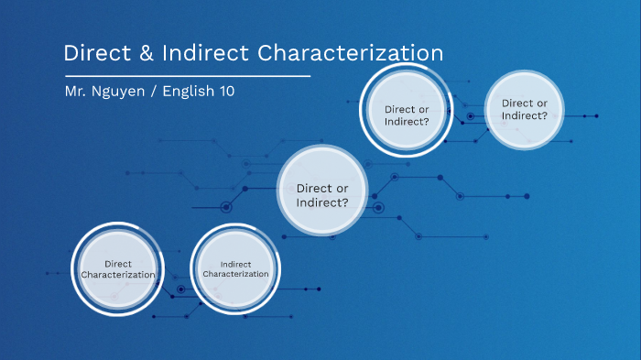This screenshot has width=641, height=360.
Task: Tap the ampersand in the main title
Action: pos(147,54)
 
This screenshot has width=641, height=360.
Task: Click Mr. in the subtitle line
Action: pos(77,92)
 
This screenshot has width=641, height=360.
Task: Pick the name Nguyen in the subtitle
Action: pos(124,93)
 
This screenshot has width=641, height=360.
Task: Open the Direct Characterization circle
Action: pos(117,269)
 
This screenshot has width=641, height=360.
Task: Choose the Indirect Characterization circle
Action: pos(235,268)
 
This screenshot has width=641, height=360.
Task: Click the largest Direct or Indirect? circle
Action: pos(322,195)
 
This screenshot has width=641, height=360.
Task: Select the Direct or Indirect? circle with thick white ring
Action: pos(407,115)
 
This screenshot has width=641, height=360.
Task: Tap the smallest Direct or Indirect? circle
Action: pos(525,109)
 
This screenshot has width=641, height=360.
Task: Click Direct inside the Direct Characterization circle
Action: pos(118,264)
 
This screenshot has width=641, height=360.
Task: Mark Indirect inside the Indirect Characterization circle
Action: pos(235,264)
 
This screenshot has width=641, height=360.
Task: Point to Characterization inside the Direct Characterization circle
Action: pos(118,275)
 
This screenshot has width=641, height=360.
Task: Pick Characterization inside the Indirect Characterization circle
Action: pos(235,274)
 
